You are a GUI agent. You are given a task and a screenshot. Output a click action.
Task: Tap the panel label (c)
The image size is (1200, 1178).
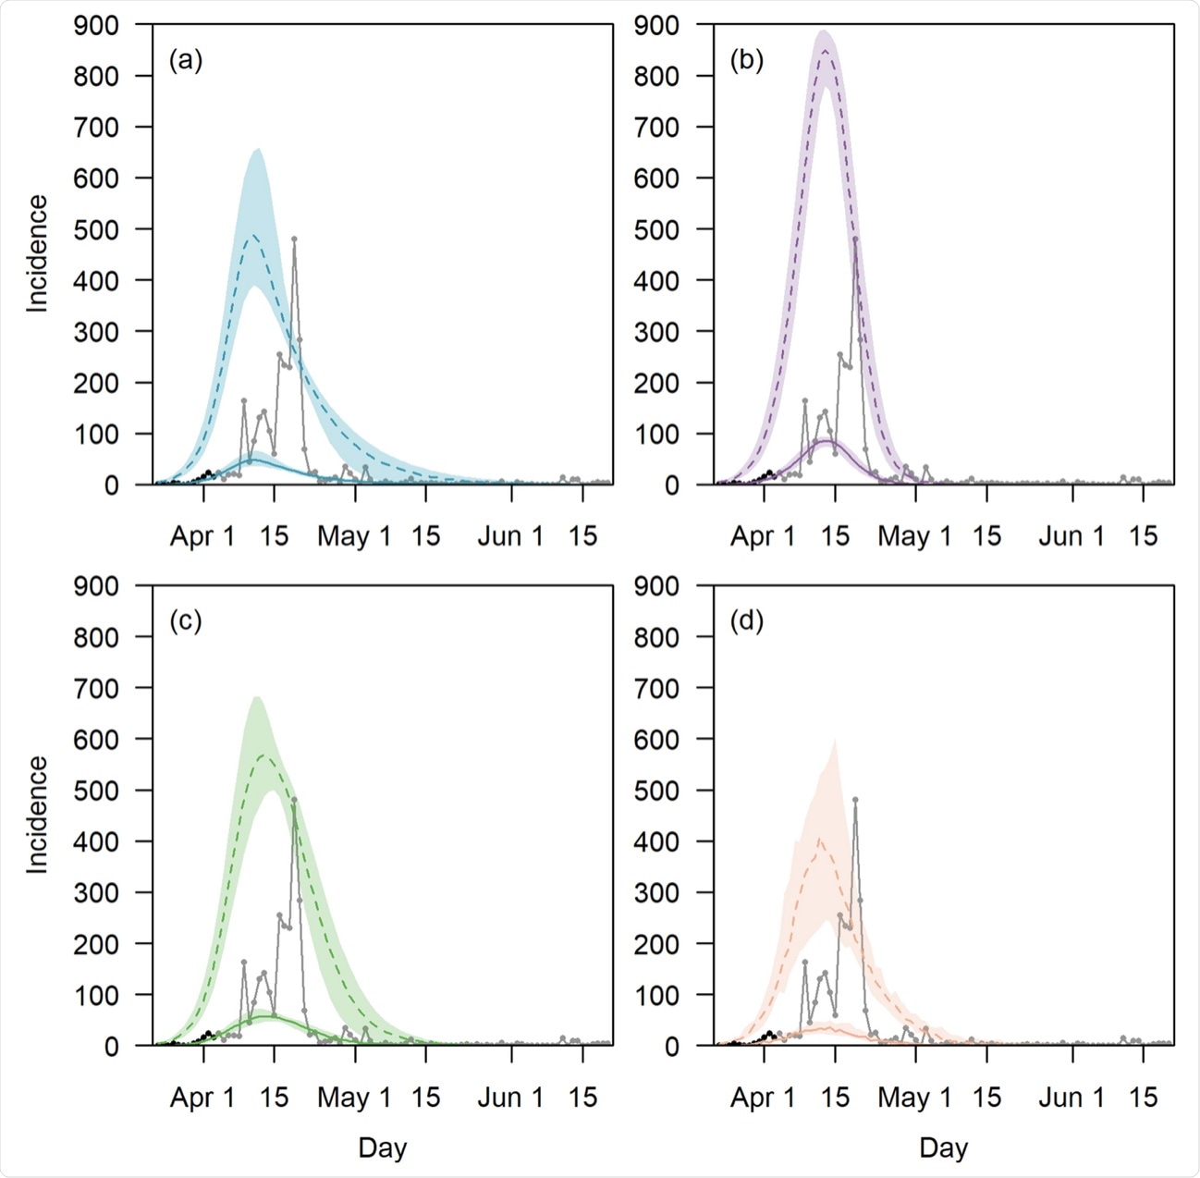(185, 621)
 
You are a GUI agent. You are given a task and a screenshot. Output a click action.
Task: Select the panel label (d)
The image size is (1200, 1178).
(746, 621)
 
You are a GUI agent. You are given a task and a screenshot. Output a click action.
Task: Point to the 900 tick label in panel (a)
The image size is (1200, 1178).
(96, 26)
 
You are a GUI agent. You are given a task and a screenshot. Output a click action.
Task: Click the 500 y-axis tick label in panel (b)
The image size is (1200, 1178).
(656, 230)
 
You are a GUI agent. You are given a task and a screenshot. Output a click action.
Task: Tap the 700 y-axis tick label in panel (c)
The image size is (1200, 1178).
(96, 689)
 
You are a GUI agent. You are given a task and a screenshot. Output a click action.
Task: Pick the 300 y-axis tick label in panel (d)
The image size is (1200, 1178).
(656, 893)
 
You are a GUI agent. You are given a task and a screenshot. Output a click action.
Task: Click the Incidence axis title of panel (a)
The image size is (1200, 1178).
(37, 254)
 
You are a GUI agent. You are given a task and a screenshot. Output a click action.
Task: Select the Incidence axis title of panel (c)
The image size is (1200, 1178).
(37, 815)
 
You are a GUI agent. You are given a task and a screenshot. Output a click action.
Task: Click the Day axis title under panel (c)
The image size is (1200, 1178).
(382, 1148)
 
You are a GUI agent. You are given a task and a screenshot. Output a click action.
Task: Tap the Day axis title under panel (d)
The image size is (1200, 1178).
(943, 1148)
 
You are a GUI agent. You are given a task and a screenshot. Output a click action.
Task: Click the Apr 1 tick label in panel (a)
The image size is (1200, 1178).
(202, 536)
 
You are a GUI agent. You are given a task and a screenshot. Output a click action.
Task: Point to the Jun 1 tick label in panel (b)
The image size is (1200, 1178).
(1071, 536)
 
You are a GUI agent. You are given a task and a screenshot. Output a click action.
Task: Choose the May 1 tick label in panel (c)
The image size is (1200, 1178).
(354, 1098)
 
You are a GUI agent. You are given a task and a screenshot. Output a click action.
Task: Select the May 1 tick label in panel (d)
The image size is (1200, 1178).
(914, 1098)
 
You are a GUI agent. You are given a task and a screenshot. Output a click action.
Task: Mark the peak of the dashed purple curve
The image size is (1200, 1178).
(824, 50)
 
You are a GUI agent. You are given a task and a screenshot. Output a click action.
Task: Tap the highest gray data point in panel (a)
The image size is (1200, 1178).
(294, 239)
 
